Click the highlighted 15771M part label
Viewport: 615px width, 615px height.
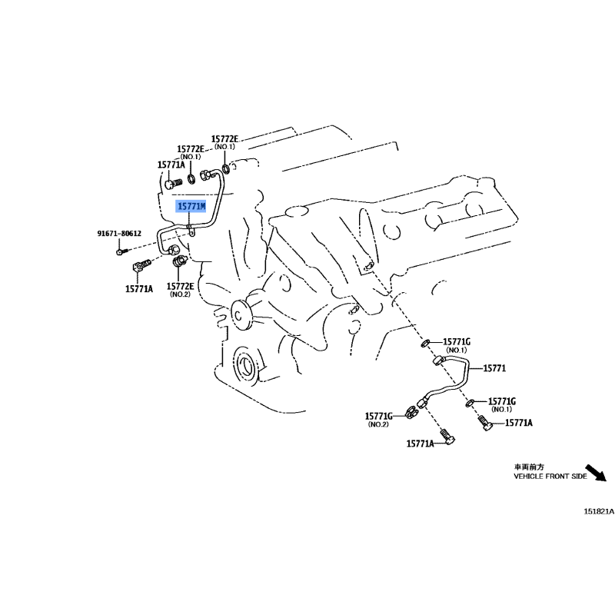pos(191,206)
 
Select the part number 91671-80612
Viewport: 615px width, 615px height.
pos(119,234)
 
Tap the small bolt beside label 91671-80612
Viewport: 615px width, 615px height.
pos(122,251)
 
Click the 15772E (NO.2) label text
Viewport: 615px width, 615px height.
pos(180,290)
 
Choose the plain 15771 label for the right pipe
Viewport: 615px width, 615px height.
pos(494,368)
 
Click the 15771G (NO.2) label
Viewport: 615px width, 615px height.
pos(378,420)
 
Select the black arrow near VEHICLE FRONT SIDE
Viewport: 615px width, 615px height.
pos(596,473)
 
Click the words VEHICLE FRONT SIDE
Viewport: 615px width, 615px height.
pos(550,476)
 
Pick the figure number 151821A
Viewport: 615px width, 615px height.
pos(599,511)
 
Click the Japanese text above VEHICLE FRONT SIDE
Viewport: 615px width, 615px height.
pos(529,467)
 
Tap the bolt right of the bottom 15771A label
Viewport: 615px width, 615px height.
pos(447,437)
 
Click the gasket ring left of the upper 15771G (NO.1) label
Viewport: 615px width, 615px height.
pos(425,344)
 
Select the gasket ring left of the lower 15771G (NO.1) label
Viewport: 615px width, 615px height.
pos(470,402)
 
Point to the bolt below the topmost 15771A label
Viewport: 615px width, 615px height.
pos(174,184)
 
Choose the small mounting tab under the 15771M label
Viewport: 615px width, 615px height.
pos(191,231)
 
